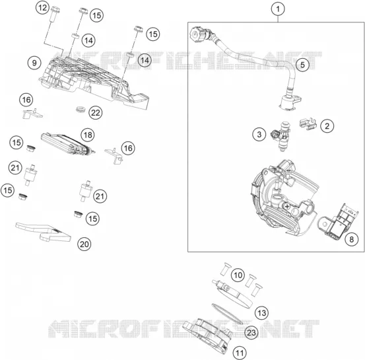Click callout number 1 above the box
[278, 9]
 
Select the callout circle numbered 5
[302, 65]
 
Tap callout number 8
[351, 239]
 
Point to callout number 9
[34, 63]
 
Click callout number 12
[42, 8]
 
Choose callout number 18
[88, 135]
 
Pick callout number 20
[84, 244]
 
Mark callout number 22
[96, 113]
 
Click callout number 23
[251, 332]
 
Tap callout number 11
[240, 353]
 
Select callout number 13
[261, 312]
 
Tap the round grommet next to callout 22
[81, 108]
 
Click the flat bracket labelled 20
[44, 232]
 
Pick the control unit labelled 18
[67, 144]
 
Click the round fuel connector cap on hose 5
[199, 34]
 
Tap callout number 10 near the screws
[238, 275]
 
